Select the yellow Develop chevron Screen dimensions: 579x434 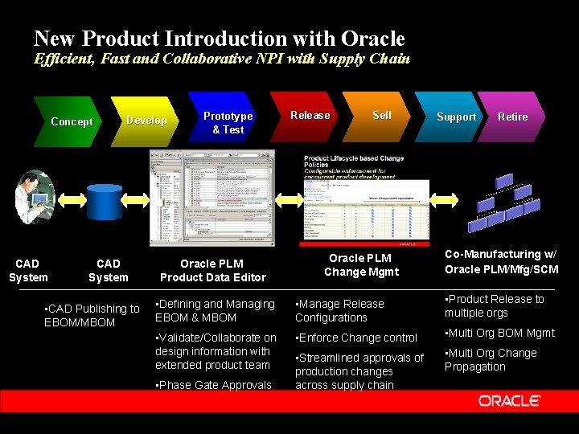tap(146, 121)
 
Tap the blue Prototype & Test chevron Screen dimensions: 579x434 tap(227, 121)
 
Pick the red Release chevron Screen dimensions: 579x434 tap(310, 116)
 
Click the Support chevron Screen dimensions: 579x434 tap(455, 117)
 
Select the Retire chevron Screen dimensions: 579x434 tap(512, 117)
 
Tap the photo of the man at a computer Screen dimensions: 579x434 tap(35, 197)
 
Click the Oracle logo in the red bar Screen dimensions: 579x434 tap(510, 400)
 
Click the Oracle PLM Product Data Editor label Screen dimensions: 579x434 tap(212, 270)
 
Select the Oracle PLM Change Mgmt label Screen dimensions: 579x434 tap(361, 264)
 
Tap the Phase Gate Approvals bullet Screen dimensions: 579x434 tap(214, 385)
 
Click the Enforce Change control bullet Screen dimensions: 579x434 tap(357, 338)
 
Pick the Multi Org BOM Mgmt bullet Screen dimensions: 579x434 tap(499, 333)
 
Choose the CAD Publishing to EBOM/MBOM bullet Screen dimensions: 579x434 tap(92, 315)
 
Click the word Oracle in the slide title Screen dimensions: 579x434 tap(373, 38)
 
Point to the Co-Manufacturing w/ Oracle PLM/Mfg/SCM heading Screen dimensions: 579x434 tap(501, 261)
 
